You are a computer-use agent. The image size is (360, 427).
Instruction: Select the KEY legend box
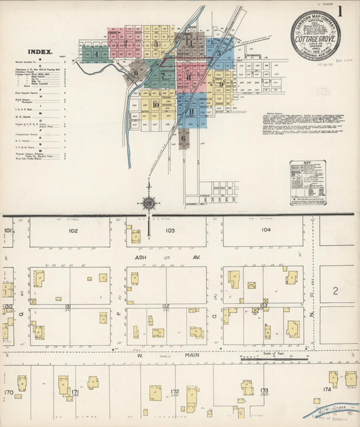pos(307,182)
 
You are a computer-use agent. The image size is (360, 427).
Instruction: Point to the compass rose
pos(148,202)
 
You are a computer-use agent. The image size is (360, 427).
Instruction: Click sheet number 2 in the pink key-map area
pos(125,43)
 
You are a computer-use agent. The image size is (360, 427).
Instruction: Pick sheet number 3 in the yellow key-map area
pos(156,45)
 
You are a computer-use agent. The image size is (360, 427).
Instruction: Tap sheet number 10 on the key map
pos(155,104)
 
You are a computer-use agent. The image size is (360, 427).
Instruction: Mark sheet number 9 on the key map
pos(221,84)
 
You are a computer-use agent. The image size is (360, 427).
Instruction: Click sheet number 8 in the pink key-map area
pos(188,76)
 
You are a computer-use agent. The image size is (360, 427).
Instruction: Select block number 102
pos(73,231)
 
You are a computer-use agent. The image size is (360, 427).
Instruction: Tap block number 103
pos(170,231)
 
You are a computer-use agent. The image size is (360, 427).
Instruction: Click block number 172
pos(174,391)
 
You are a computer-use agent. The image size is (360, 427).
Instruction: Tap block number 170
pos(9,392)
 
